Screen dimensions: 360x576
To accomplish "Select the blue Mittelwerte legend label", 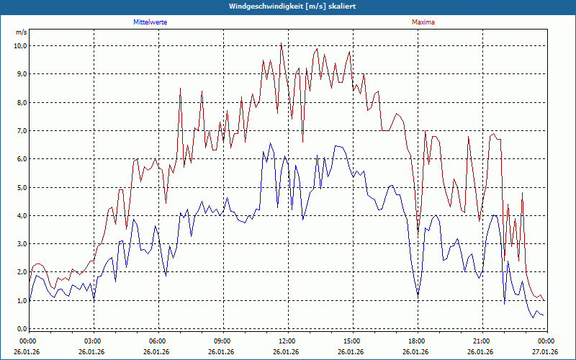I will (x=150, y=22).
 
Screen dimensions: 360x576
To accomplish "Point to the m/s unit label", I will (x=21, y=33).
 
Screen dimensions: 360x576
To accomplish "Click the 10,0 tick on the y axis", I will (x=20, y=45).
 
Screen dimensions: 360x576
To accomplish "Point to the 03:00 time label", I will (x=94, y=341).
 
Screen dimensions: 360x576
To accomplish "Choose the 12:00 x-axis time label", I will (x=288, y=341).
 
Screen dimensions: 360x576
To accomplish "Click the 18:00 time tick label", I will (x=418, y=341).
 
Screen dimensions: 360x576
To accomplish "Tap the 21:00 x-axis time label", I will (x=482, y=341).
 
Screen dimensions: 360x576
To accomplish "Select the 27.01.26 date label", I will (x=546, y=352).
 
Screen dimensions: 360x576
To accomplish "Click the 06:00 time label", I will (x=158, y=341).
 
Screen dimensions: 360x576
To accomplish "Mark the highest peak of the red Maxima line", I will (x=281, y=43).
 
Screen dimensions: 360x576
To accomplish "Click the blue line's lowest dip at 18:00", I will (x=418, y=295).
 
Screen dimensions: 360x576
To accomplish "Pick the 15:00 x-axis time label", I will (x=353, y=341).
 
